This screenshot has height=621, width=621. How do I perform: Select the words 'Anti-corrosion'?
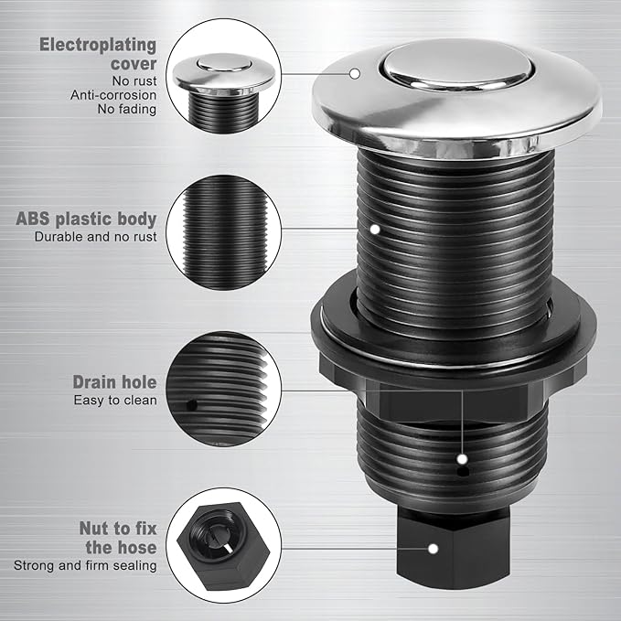[113, 93]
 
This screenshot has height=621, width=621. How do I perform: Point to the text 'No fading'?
[127, 110]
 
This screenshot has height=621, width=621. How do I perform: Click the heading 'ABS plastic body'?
[86, 219]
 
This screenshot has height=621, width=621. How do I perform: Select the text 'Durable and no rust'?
[96, 237]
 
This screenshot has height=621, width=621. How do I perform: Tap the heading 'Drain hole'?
[115, 382]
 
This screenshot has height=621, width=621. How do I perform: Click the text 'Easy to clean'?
[115, 400]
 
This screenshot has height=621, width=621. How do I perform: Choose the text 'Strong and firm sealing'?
[85, 565]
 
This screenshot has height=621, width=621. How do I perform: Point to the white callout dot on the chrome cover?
[355, 73]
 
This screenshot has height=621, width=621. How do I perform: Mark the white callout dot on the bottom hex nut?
[433, 549]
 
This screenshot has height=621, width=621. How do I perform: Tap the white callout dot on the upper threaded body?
[374, 228]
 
